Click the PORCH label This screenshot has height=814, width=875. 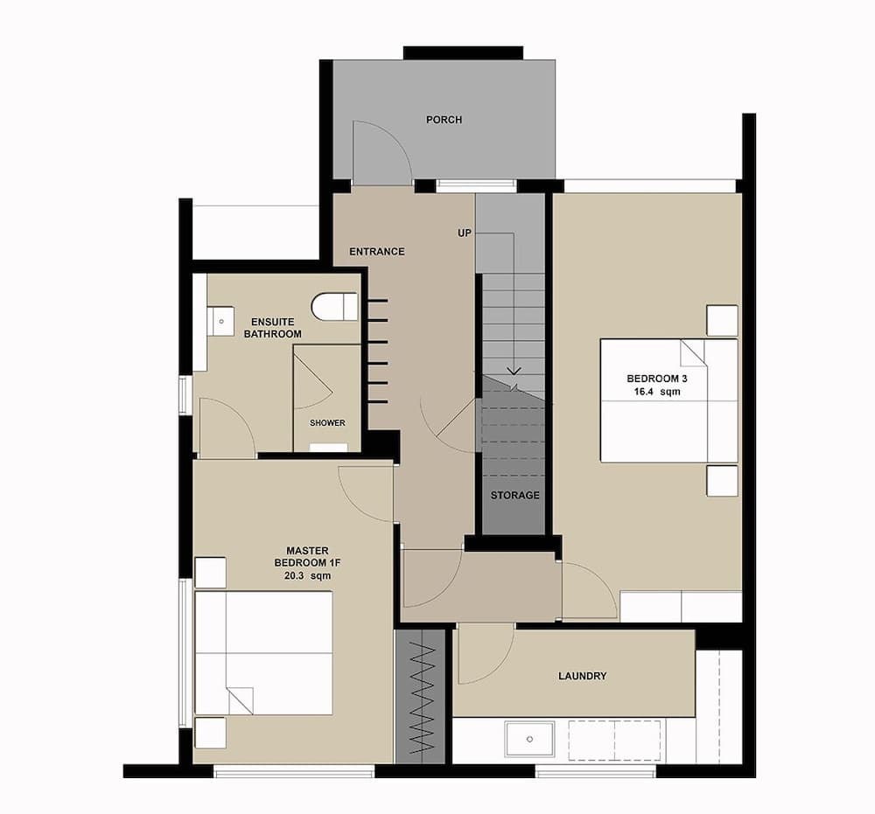tap(444, 120)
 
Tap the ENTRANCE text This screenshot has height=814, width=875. tap(376, 252)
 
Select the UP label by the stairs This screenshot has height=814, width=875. tap(465, 233)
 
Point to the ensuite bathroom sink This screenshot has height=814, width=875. tap(220, 321)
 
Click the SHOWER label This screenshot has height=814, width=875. tap(327, 423)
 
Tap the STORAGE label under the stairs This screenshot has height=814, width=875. tap(514, 496)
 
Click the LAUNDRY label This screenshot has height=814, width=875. tap(582, 676)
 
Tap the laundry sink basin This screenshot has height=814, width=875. tap(530, 741)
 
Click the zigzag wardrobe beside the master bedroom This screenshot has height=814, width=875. tap(422, 695)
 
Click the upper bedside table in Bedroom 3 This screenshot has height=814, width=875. tap(722, 320)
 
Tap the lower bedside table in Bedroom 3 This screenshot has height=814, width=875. tap(722, 481)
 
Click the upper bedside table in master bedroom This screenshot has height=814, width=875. tap(210, 573)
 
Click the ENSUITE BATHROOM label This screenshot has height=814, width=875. tap(272, 328)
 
